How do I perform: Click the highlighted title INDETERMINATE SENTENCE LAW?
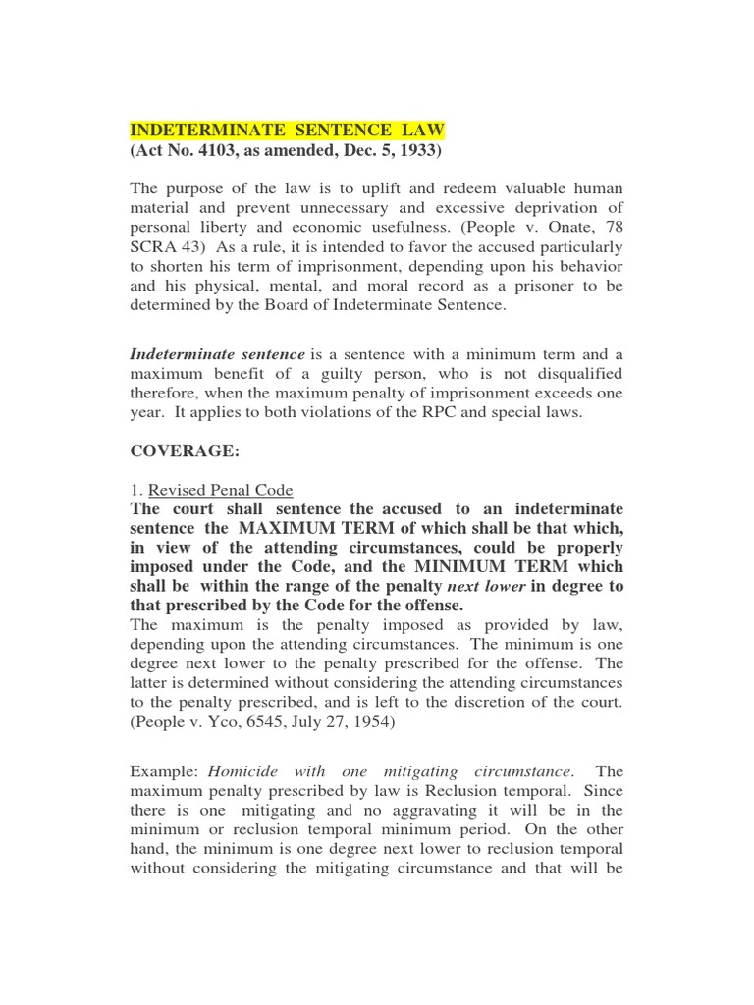289,130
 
